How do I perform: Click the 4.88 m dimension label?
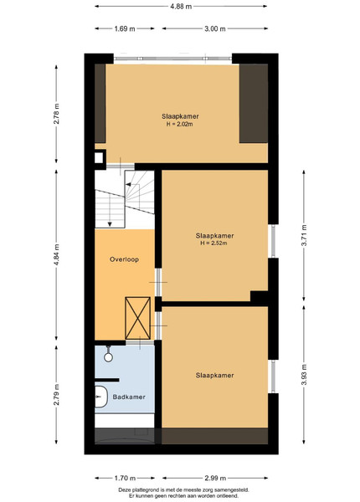coord(181,6)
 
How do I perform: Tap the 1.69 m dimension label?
coord(125,28)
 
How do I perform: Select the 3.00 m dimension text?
coord(215,28)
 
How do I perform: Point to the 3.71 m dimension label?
coord(304,235)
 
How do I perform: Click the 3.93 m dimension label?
coord(304,375)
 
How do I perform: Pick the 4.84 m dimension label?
coord(56,255)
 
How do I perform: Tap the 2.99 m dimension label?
coord(215,478)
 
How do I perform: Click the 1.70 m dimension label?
coord(125,478)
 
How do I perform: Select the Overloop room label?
coord(124,259)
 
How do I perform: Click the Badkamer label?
coord(129,397)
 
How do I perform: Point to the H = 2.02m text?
coord(180,124)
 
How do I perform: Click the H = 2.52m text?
coord(213,243)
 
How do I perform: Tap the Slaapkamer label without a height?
coord(214,375)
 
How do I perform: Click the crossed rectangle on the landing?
coord(138,318)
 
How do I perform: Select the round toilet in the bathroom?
coord(108,356)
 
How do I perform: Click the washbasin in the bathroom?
coord(101,397)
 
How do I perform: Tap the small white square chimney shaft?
coord(99,157)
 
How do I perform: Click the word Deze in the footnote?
coord(124,490)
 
